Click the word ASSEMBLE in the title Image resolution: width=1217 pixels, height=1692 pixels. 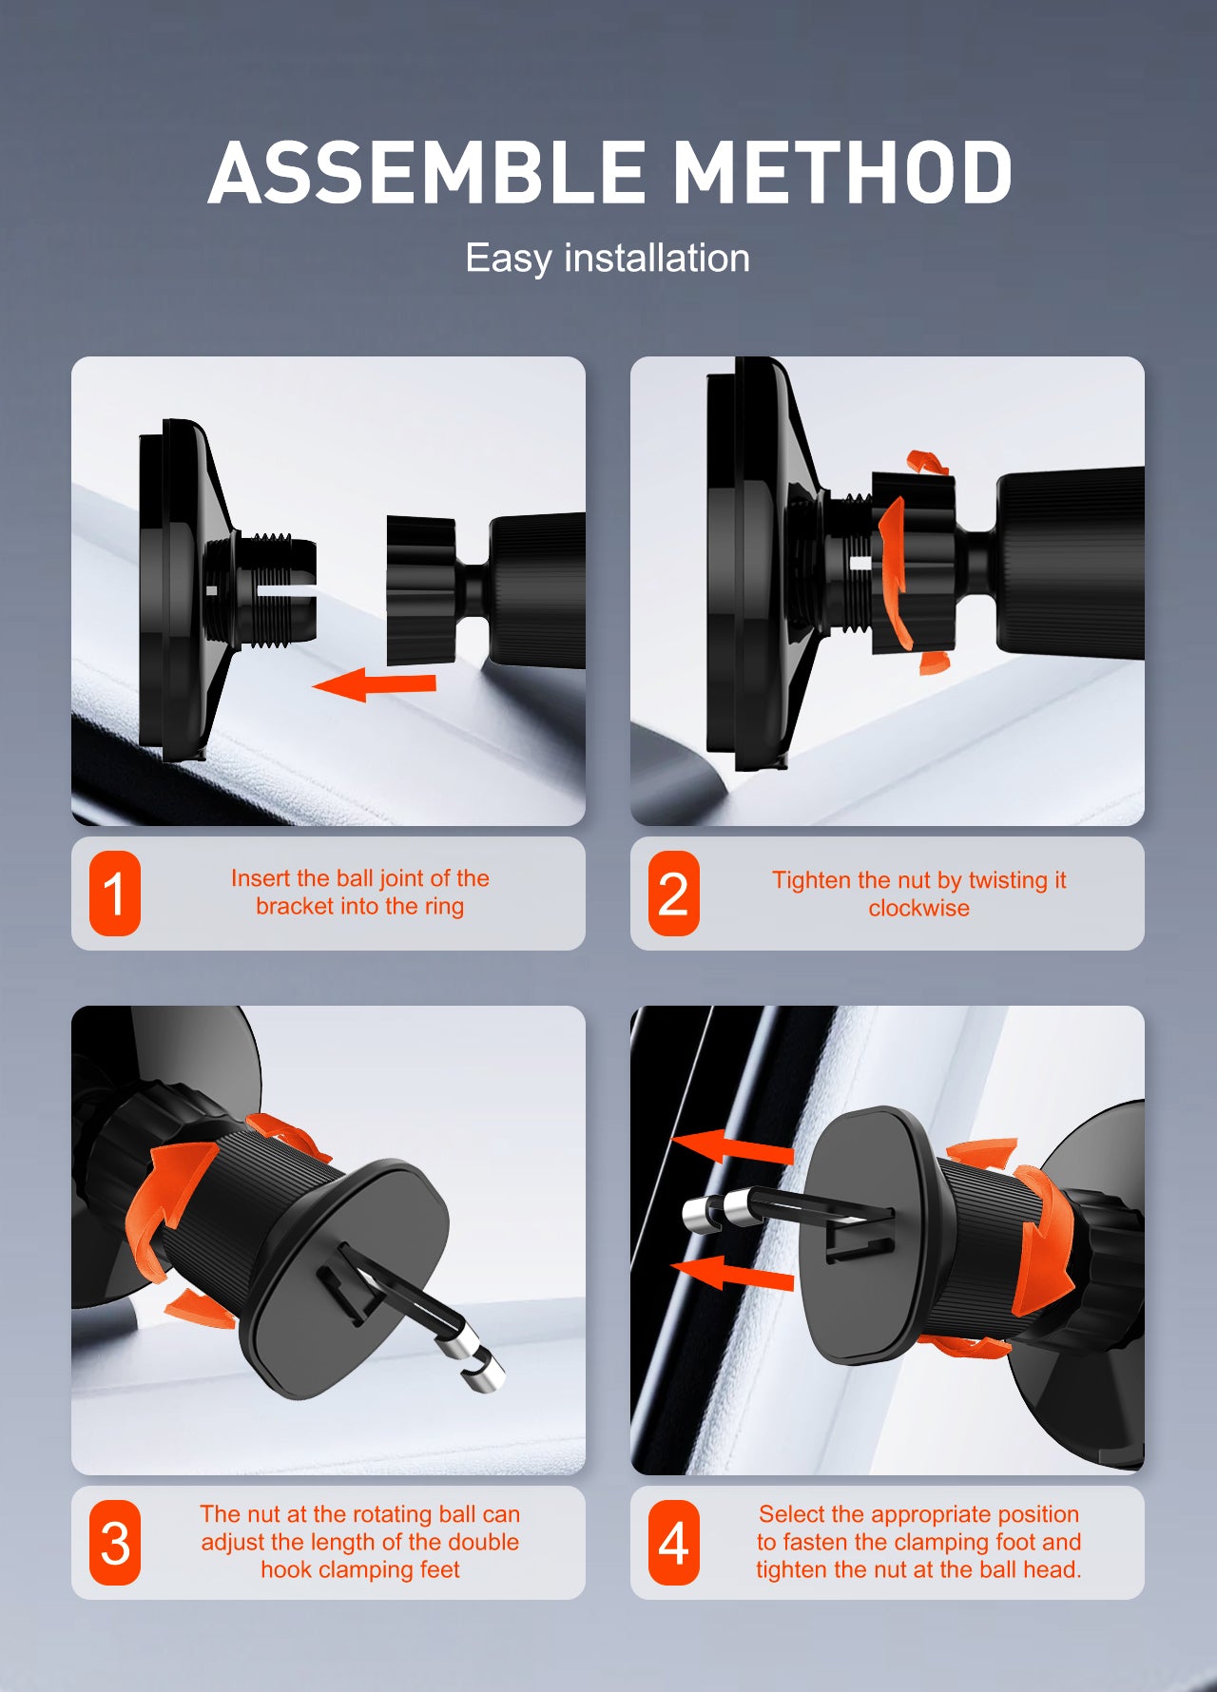[x=426, y=172]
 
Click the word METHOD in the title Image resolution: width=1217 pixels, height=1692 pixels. [x=843, y=172]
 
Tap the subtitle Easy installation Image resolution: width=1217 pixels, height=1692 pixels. [x=608, y=258]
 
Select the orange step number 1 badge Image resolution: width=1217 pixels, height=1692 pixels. [x=115, y=894]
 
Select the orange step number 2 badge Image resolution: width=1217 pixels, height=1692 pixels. [x=674, y=894]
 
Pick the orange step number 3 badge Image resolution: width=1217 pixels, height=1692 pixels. [x=115, y=1543]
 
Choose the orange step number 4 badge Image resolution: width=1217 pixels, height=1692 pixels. [x=674, y=1543]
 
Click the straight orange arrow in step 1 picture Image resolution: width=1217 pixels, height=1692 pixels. [x=375, y=683]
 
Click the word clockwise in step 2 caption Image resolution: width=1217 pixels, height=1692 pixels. [x=919, y=908]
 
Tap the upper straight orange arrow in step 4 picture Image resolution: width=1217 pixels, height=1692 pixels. [x=732, y=1147]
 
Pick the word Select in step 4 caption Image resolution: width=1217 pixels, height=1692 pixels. [x=792, y=1514]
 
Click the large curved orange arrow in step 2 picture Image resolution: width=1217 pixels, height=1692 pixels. [x=895, y=570]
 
